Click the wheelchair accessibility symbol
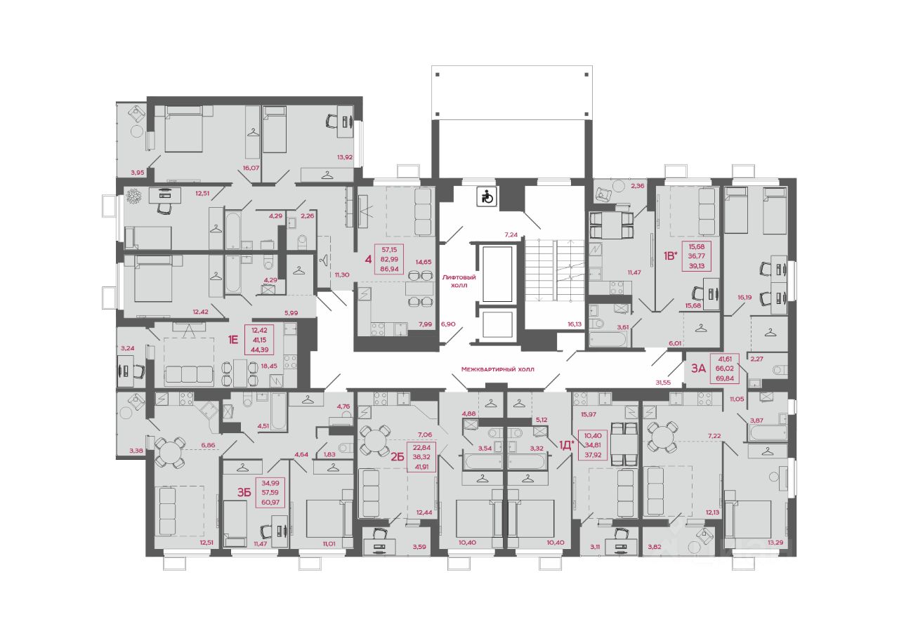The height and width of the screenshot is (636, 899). click(487, 197)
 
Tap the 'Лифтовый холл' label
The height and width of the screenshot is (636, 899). click(459, 281)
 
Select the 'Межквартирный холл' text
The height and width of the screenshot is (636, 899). click(498, 369)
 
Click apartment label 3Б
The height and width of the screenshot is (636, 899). click(244, 492)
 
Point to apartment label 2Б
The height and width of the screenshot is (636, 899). click(397, 456)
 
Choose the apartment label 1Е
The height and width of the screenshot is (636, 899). click(233, 340)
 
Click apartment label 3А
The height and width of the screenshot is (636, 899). click(698, 368)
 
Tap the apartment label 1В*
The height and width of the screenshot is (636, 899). click(670, 256)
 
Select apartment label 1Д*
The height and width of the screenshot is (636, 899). click(566, 445)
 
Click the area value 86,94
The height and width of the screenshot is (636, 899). click(389, 269)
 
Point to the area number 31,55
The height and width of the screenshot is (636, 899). click(663, 383)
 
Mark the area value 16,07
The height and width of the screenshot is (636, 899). click(251, 168)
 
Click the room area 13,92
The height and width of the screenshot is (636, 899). click(345, 157)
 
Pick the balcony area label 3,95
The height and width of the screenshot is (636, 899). click(137, 173)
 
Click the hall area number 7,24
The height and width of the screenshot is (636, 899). click(511, 235)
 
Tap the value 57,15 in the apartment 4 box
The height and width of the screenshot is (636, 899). click(389, 249)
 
